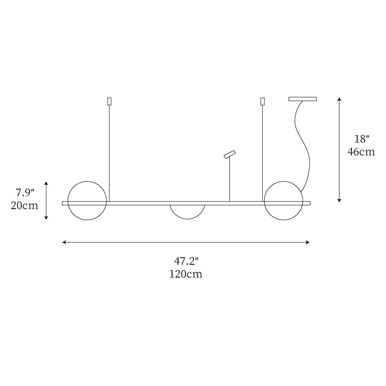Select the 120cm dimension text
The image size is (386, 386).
[186, 274]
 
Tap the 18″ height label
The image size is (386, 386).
[362, 139]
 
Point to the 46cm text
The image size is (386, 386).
[361, 152]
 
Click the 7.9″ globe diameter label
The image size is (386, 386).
[25, 193]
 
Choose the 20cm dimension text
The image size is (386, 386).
[24, 205]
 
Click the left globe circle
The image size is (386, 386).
[68, 201]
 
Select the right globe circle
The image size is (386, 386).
[264, 201]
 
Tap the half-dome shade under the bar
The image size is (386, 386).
[187, 219]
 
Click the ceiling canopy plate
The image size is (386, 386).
[302, 99]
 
